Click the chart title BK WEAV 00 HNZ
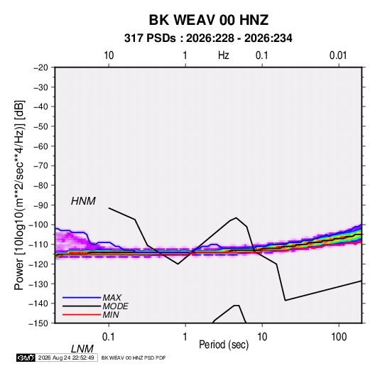click(208, 20)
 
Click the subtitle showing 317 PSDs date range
click(208, 38)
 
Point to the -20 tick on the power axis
click(40, 68)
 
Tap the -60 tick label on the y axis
click(40, 146)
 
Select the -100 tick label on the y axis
click(39, 225)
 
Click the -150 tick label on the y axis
click(39, 323)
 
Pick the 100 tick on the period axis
click(339, 337)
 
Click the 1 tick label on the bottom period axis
click(185, 337)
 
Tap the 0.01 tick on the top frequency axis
click(338, 55)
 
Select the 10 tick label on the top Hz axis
click(109, 55)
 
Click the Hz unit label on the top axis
click(224, 55)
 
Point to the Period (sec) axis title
click(224, 345)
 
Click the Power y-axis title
click(19, 195)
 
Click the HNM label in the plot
click(83, 201)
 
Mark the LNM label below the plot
click(82, 349)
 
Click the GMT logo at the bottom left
click(26, 358)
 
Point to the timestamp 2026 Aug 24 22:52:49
click(66, 358)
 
